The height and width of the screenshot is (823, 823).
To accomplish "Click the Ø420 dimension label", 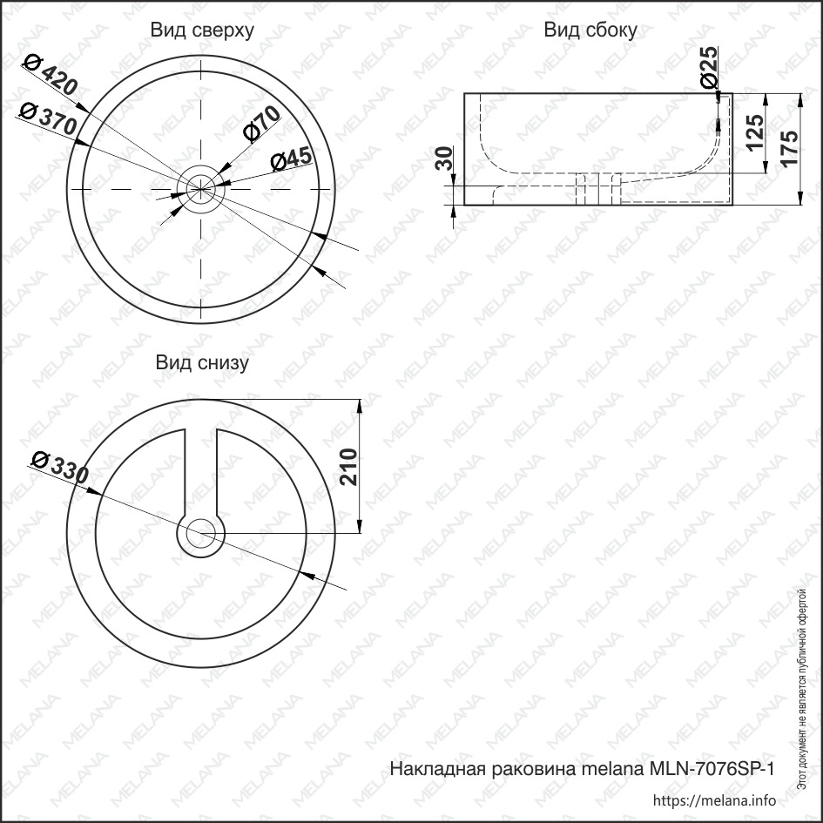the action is point(51,75).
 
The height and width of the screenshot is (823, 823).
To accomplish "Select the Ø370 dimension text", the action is point(48,118).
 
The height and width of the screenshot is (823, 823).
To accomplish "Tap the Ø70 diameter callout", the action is point(261,124).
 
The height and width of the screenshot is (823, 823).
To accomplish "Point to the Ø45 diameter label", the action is point(291,159).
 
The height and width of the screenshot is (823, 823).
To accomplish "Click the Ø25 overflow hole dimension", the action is point(709,67).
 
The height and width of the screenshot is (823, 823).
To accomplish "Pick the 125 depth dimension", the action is point(755,132).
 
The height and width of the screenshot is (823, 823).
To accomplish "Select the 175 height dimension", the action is point(789,147).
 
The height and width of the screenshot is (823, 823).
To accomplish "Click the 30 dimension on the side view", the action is point(444,159).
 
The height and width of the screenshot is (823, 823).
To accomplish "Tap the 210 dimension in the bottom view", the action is point(348,467).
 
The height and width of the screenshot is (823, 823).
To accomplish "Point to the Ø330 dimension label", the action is point(60,467).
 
